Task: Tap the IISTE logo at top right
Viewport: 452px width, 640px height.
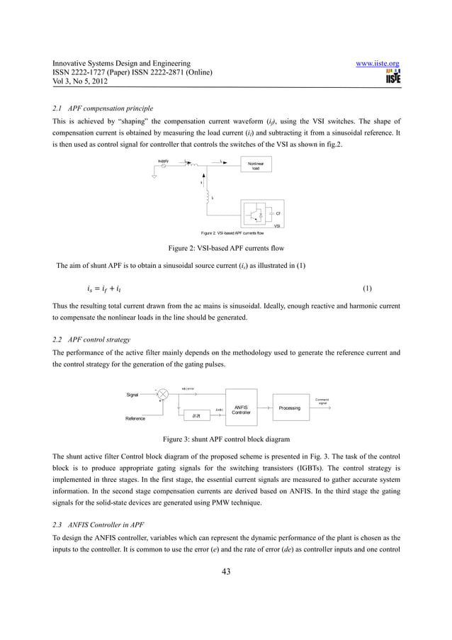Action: [x=392, y=77]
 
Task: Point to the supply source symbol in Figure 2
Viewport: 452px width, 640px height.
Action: [x=164, y=166]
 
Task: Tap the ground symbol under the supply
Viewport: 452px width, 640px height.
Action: [x=155, y=178]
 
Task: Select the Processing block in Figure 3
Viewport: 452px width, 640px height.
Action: [x=289, y=408]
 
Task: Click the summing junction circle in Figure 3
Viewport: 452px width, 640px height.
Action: [x=163, y=394]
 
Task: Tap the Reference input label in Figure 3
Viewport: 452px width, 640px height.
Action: [x=135, y=419]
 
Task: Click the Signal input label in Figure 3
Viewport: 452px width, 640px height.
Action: [x=132, y=395]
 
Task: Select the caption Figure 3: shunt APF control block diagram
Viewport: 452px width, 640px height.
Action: [x=226, y=439]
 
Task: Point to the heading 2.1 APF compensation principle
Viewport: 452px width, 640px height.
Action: [x=103, y=108]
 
